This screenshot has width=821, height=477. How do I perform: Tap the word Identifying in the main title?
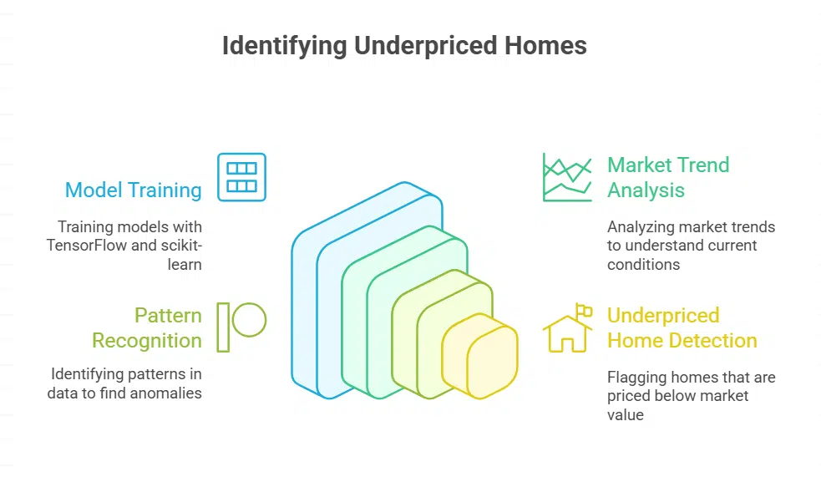coord(285,45)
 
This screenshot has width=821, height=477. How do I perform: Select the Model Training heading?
coord(134,190)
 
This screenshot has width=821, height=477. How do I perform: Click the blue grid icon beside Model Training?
coord(241,177)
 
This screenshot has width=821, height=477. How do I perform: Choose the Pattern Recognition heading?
coord(147,327)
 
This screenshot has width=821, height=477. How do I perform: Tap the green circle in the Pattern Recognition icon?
coord(249,319)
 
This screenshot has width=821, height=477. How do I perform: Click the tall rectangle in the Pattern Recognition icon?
coord(222,327)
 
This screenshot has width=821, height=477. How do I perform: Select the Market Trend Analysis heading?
coord(668,177)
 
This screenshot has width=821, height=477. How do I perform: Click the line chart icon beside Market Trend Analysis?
coord(567,177)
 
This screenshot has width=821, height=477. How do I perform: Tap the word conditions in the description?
coord(645,265)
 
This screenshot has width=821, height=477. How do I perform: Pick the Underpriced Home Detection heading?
coord(682,327)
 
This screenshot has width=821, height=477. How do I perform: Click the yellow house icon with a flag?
coord(567,329)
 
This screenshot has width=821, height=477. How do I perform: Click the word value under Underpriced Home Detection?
coord(626,414)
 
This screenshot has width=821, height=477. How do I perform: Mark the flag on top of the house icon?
coord(585,311)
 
